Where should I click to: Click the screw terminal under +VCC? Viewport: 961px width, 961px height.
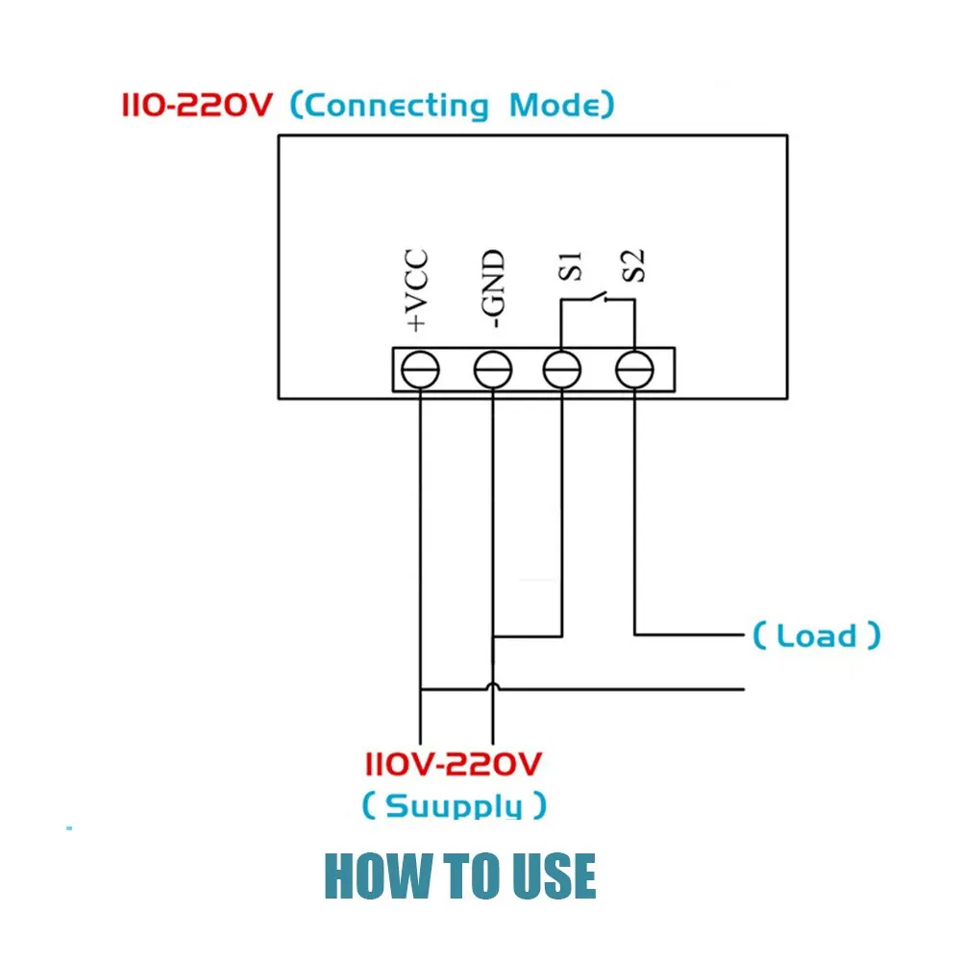[x=420, y=370]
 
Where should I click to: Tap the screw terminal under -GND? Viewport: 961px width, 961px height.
[x=493, y=370]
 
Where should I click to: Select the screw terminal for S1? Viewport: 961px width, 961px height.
[x=562, y=370]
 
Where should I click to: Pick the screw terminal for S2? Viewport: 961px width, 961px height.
[x=634, y=370]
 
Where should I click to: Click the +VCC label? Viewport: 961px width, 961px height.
[x=417, y=290]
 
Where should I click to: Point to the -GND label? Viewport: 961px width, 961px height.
[x=493, y=288]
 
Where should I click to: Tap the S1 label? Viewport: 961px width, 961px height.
[x=570, y=266]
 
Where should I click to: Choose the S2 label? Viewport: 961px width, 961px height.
[x=633, y=266]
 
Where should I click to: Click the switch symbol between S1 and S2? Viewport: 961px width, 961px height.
[x=598, y=299]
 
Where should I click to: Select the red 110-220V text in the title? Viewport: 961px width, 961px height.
[x=197, y=105]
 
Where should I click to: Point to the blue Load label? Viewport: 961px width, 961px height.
[x=816, y=635]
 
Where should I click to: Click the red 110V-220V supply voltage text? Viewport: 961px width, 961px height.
[x=454, y=764]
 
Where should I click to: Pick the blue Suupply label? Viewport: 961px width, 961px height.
[x=454, y=804]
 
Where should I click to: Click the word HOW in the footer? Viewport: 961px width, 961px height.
[x=378, y=875]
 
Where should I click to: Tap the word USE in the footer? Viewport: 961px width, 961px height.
[x=554, y=875]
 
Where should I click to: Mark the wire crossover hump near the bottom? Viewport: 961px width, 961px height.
[x=493, y=685]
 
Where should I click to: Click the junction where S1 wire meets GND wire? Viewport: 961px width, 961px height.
[x=493, y=636]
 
